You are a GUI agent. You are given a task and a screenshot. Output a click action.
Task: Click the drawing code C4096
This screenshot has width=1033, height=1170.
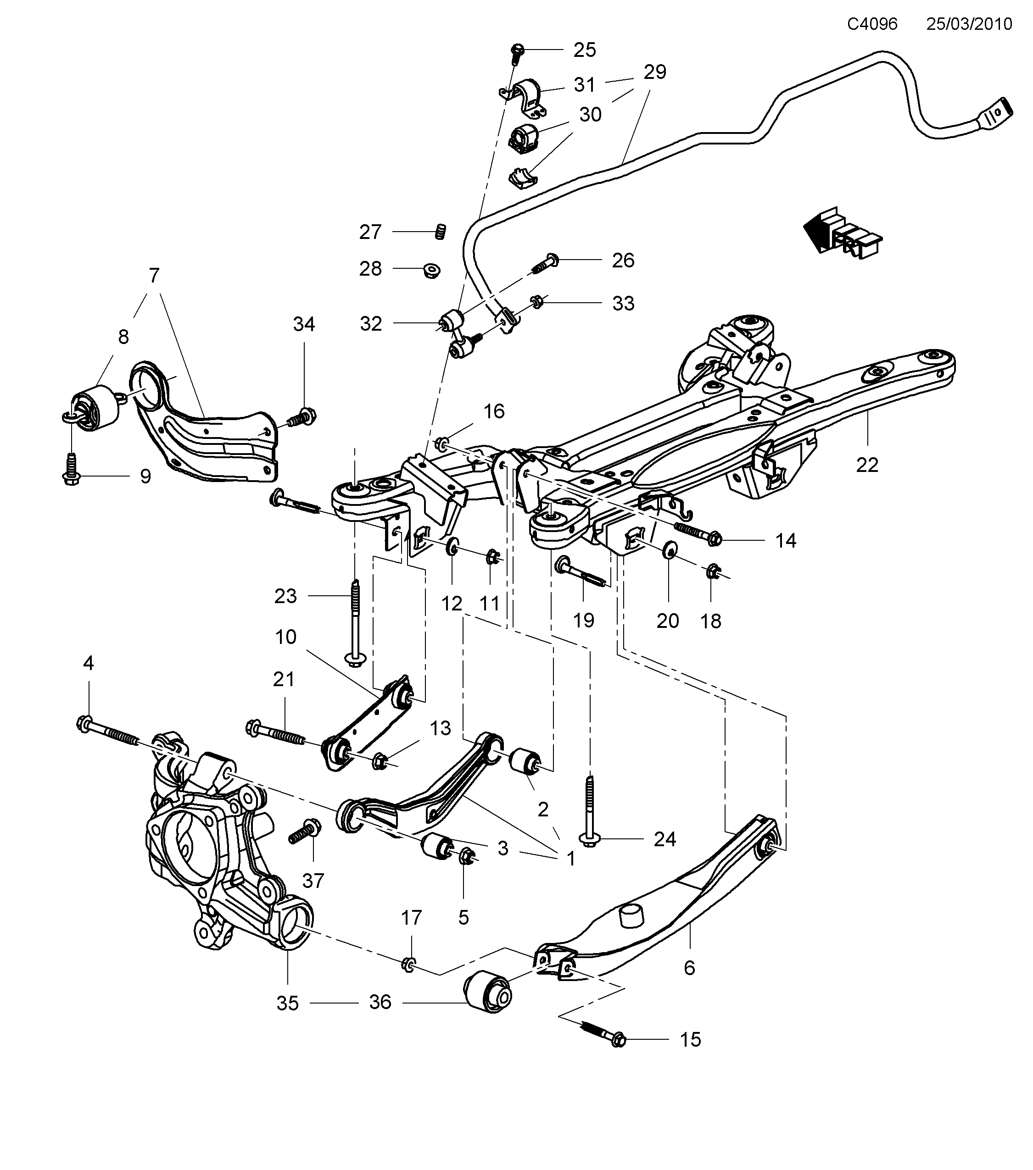pyautogui.click(x=872, y=23)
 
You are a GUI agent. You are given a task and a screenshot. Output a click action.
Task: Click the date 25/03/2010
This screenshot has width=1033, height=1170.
pyautogui.click(x=969, y=23)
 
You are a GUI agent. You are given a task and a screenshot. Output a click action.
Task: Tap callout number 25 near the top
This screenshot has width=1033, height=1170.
pyautogui.click(x=585, y=50)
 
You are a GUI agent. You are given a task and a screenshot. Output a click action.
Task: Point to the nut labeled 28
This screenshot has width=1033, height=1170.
pyautogui.click(x=431, y=270)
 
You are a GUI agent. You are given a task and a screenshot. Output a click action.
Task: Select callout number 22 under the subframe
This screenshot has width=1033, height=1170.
pyautogui.click(x=867, y=465)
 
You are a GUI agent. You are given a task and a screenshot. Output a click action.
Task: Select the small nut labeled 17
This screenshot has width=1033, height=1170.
pyautogui.click(x=409, y=965)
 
